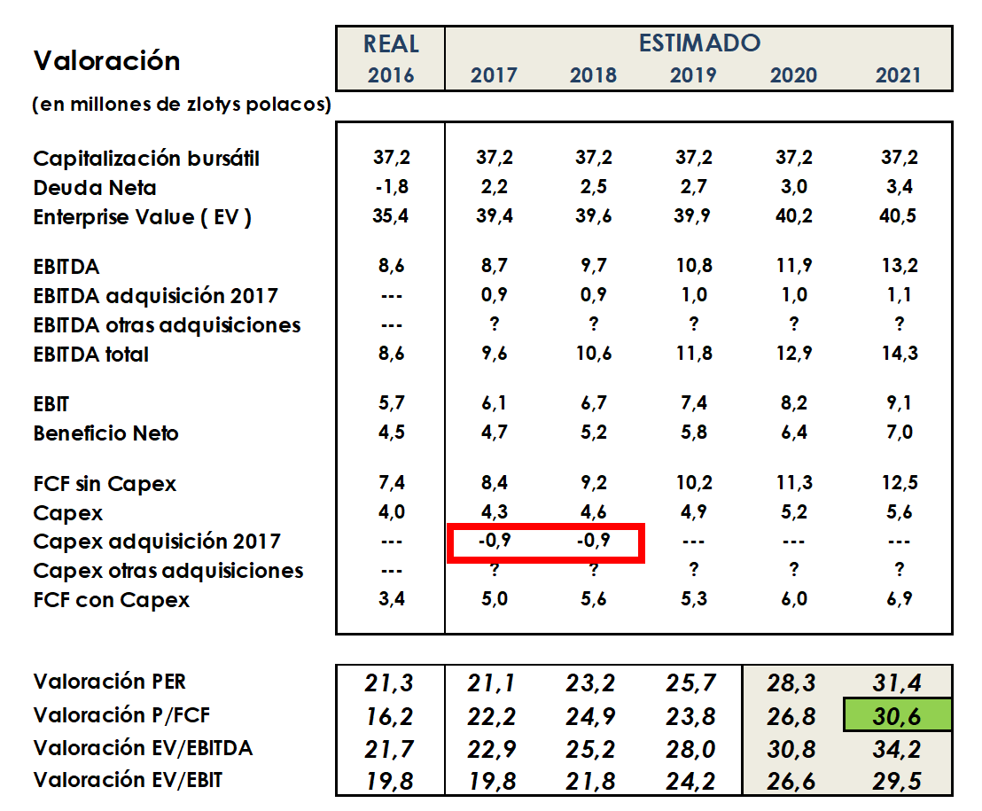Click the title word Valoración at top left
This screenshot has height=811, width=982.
tap(106, 60)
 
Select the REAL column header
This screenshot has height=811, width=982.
tap(391, 43)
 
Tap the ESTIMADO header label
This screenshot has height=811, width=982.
tap(699, 42)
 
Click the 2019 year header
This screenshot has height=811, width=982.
tap(693, 74)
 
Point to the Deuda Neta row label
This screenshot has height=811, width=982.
tap(95, 188)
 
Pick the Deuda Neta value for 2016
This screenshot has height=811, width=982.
tap(391, 187)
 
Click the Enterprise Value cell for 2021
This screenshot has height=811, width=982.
tap(898, 216)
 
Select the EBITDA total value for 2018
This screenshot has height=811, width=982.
tap(593, 354)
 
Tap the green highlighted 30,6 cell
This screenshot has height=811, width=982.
tap(898, 716)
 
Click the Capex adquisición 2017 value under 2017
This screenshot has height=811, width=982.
tap(494, 541)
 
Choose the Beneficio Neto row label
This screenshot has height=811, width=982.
tap(105, 433)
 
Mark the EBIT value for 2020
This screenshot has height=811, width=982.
tap(793, 403)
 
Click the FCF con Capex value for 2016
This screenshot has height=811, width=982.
tap(391, 600)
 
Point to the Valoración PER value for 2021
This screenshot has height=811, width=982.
tap(898, 682)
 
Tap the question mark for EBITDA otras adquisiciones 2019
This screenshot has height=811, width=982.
tap(693, 324)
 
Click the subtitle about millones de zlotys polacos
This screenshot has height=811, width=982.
tap(182, 105)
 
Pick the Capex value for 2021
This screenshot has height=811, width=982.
tap(898, 511)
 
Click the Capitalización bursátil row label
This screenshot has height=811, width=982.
tap(146, 159)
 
